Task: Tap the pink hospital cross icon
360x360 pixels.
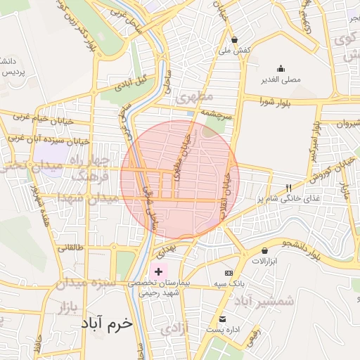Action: [x=158, y=271]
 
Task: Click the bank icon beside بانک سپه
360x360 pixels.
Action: [x=228, y=272]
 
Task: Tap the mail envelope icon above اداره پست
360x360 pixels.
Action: [x=222, y=319]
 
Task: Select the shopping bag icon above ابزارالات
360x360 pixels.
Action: [x=264, y=250]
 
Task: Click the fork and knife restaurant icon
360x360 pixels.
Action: [x=288, y=188]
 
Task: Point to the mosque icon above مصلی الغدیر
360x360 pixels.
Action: [x=281, y=68]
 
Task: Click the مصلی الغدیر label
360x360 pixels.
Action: [x=281, y=79]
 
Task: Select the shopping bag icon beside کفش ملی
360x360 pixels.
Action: [x=234, y=39]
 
